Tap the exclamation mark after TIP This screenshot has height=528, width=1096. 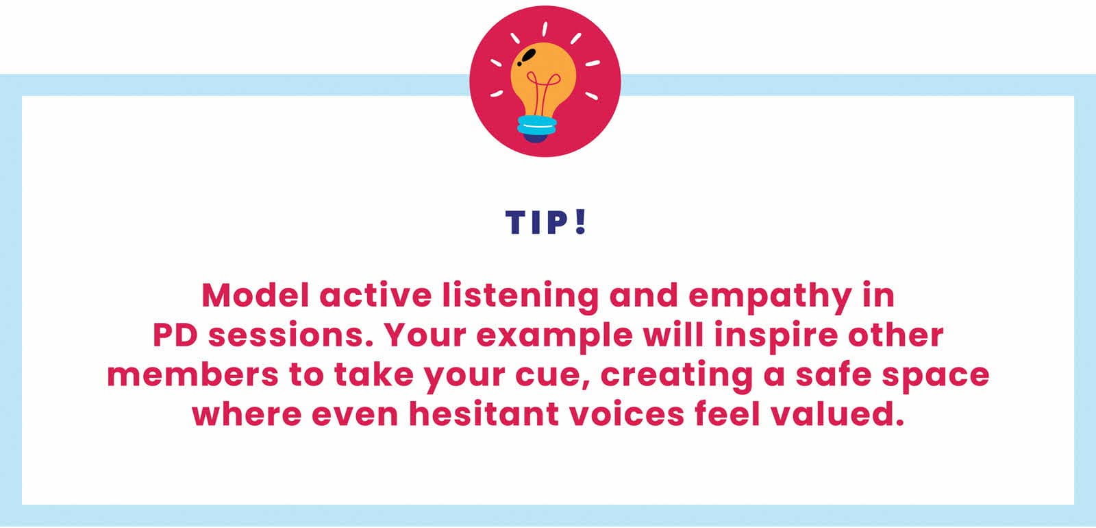tap(580, 222)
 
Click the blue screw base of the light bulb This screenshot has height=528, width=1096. tap(537, 125)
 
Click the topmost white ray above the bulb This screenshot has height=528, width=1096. tap(545, 29)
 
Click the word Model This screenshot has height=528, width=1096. tap(256, 296)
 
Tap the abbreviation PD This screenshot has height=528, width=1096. tap(175, 335)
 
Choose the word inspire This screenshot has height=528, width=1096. tap(775, 337)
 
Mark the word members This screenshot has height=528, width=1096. tap(192, 374)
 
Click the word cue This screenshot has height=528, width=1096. tap(553, 376)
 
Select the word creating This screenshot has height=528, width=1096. tap(676, 376)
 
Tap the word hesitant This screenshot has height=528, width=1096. tap(484, 414)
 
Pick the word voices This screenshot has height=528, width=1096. tap(627, 414)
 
